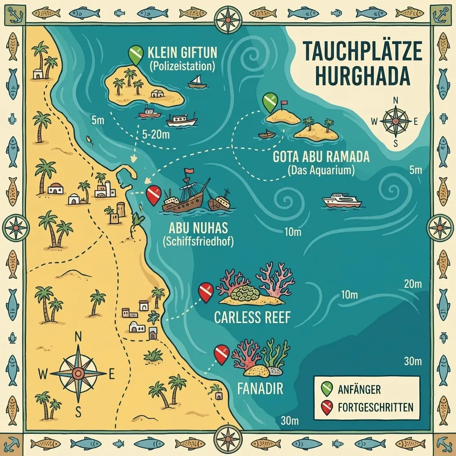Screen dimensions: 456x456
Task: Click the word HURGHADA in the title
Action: [x=362, y=76]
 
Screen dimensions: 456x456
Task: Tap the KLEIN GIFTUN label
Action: [x=183, y=53]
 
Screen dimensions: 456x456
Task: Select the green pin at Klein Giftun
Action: [x=135, y=55]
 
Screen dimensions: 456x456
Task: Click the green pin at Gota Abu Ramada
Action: [x=269, y=102]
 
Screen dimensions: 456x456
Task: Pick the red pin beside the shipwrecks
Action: [x=154, y=195]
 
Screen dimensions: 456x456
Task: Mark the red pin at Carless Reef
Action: [x=206, y=292]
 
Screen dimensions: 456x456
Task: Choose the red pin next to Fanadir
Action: [x=221, y=354]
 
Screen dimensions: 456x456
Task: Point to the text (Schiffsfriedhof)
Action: [x=198, y=242]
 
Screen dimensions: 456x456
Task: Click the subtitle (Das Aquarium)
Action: [x=321, y=170]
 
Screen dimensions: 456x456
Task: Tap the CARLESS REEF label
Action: [x=252, y=318]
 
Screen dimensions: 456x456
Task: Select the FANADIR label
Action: [x=254, y=388]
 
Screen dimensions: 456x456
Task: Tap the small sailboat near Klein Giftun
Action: [x=197, y=81]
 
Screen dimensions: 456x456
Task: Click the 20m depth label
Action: [x=412, y=284]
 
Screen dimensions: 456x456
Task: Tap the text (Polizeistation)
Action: [x=182, y=66]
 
